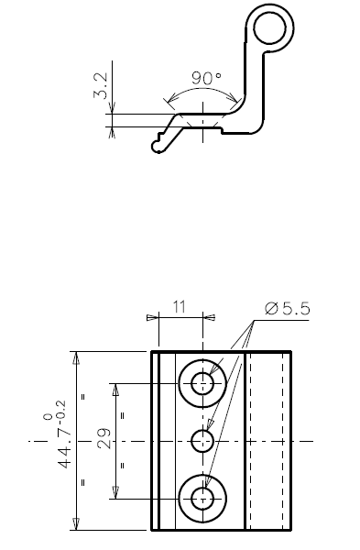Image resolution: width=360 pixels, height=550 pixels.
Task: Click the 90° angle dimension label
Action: point(207,78)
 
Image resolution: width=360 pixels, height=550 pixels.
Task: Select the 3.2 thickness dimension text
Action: point(101,85)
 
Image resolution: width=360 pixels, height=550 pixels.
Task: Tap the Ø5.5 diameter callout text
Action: point(288,309)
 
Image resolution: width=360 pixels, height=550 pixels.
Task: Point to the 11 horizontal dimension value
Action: point(180,307)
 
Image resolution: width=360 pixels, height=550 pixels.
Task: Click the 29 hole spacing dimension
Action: point(104,438)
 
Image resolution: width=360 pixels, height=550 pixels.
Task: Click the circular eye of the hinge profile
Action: point(270,28)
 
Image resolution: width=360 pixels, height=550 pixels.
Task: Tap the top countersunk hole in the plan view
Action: point(202,384)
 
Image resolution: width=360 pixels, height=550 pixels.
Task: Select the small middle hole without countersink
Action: point(202,441)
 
